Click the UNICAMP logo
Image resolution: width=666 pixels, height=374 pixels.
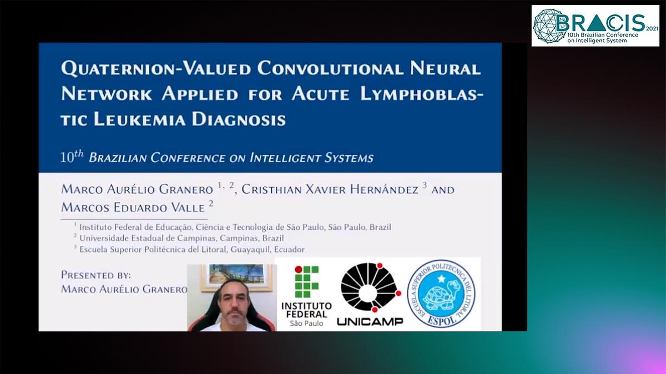[370, 294]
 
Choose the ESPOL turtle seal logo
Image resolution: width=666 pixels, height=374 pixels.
[441, 294]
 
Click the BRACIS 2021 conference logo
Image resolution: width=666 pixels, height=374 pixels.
[596, 26]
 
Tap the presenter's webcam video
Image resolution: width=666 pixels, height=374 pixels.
[232, 298]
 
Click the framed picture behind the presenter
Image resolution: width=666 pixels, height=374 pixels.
[236, 276]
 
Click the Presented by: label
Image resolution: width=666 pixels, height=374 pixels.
[96, 275]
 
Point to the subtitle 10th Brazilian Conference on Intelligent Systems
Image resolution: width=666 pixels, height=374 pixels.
[217, 158]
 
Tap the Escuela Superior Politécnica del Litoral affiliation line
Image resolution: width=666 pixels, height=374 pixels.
[191, 249]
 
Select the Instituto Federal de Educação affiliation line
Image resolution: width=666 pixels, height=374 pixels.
[235, 227]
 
